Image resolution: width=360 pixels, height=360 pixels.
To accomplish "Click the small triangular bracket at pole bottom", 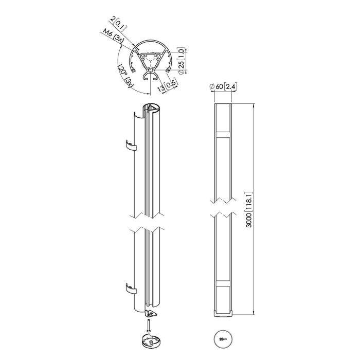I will [152, 314].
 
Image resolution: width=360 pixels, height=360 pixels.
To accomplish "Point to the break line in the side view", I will [223, 206].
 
